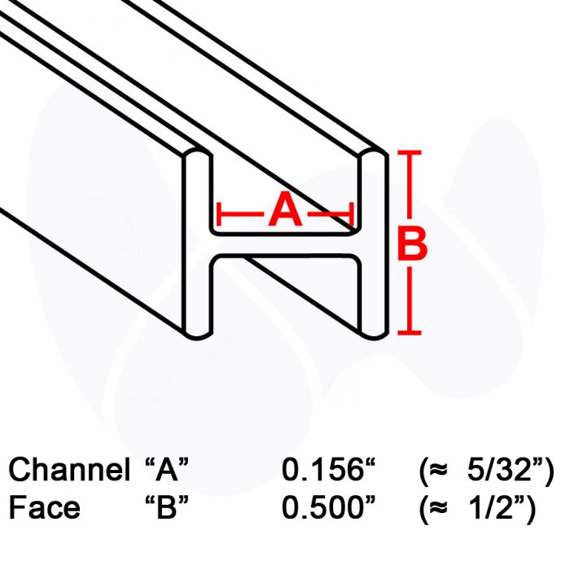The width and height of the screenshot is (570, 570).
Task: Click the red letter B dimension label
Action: tap(411, 244)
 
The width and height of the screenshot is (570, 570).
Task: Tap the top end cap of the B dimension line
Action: tap(411, 152)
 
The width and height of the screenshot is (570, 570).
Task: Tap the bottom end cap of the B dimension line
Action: tap(411, 332)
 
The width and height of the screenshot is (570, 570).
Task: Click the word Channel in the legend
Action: tap(68, 471)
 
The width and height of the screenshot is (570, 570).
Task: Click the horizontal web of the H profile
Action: tap(285, 245)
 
